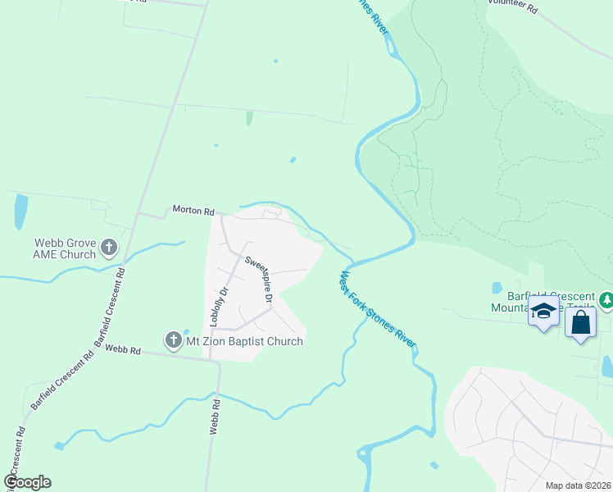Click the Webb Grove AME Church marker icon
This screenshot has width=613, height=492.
pyautogui.click(x=109, y=247)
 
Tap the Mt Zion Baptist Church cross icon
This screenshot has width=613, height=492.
pyautogui.click(x=173, y=340)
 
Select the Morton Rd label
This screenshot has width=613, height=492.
pyautogui.click(x=193, y=210)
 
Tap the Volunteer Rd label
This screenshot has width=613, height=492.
pyautogui.click(x=512, y=7)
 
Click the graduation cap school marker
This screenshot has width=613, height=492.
pyautogui.click(x=543, y=312)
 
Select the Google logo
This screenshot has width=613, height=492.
pyautogui.click(x=28, y=482)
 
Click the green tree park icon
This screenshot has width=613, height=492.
pyautogui.click(x=606, y=301)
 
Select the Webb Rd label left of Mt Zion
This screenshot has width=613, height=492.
pyautogui.click(x=123, y=350)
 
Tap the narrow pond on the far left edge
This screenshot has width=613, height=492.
pyautogui.click(x=20, y=212)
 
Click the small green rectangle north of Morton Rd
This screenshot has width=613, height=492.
pyautogui.click(x=249, y=118)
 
